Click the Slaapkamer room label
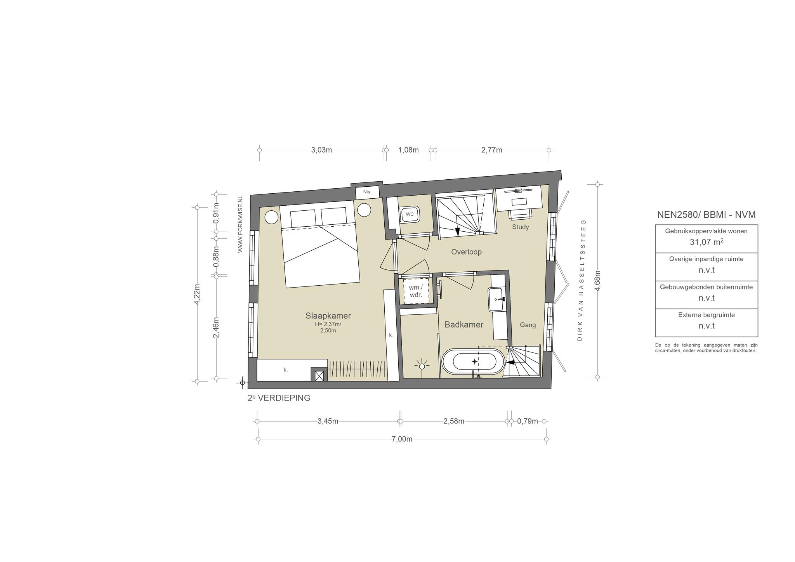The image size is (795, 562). pyautogui.click(x=328, y=316)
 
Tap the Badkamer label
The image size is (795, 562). pyautogui.click(x=464, y=324)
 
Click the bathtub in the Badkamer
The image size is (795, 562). pyautogui.click(x=474, y=362)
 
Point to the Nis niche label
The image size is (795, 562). pyautogui.click(x=366, y=192)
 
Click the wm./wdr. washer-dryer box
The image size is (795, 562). pyautogui.click(x=416, y=291)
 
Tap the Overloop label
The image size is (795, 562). pyautogui.click(x=466, y=252)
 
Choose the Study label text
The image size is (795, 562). pyautogui.click(x=520, y=227)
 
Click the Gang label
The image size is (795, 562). pyautogui.click(x=528, y=325)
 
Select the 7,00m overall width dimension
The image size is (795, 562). pyautogui.click(x=401, y=439)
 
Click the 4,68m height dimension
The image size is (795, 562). pyautogui.click(x=598, y=281)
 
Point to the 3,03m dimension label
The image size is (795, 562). pyautogui.click(x=321, y=150)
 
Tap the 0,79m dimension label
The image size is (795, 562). pyautogui.click(x=528, y=421)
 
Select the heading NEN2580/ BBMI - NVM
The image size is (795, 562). pyautogui.click(x=706, y=215)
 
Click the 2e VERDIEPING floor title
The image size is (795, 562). pyautogui.click(x=279, y=398)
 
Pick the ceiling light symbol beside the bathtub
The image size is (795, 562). pyautogui.click(x=422, y=366)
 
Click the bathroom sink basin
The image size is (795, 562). pyautogui.click(x=497, y=299)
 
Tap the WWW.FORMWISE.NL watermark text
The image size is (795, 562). pyautogui.click(x=240, y=224)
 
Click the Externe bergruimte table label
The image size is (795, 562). pyautogui.click(x=706, y=315)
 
